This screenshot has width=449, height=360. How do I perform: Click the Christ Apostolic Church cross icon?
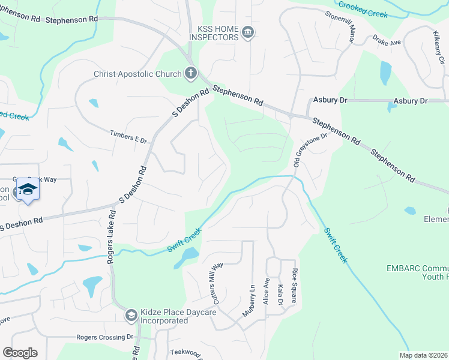[190, 74]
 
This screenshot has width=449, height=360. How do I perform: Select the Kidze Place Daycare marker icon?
[131, 315]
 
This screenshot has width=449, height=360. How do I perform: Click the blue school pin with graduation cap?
[27, 190]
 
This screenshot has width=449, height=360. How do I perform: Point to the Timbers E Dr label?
[128, 136]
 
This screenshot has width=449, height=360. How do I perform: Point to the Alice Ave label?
[267, 291]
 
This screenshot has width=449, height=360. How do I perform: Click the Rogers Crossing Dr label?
[104, 337]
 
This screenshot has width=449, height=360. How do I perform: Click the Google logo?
[20, 353]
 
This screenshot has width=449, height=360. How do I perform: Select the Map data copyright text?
[423, 355]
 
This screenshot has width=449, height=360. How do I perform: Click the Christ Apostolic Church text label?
[137, 74]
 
